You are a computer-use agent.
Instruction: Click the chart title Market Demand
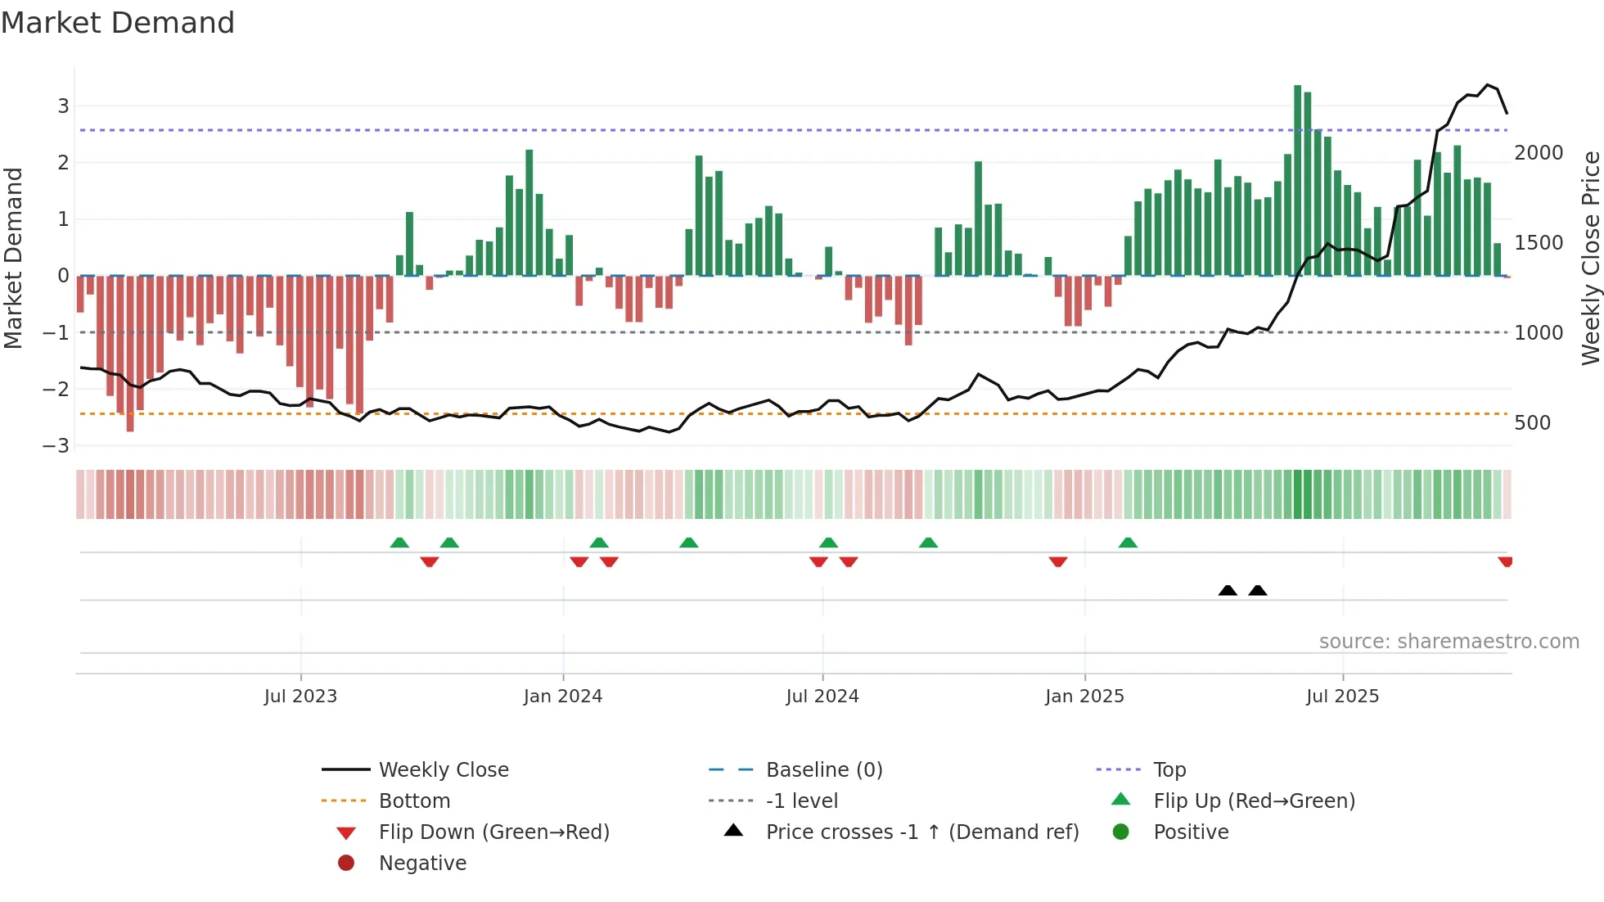tap(118, 23)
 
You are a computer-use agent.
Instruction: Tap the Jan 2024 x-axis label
tap(562, 696)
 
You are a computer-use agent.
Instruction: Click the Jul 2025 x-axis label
tap(1342, 696)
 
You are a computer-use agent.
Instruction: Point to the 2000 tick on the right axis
tap(1539, 153)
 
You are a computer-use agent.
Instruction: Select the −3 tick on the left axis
tap(56, 445)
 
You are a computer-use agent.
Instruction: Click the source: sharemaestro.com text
tap(1449, 641)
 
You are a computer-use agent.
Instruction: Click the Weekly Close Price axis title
tap(1590, 258)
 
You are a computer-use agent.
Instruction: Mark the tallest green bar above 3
tap(1297, 180)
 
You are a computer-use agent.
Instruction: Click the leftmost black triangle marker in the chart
tap(1228, 590)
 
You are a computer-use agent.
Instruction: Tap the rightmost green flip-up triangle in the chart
tap(1128, 543)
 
